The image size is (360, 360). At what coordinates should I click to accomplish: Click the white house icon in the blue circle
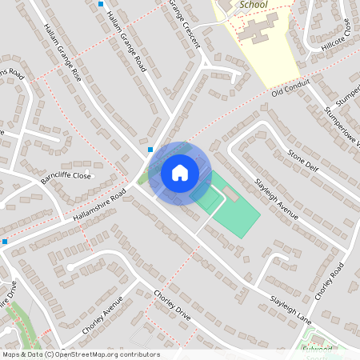pyautogui.click(x=179, y=172)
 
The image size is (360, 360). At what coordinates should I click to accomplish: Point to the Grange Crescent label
pyautogui.click(x=184, y=24)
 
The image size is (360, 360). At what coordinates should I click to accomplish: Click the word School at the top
pyautogui.click(x=253, y=4)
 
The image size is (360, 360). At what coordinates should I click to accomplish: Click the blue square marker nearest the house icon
pyautogui.click(x=150, y=149)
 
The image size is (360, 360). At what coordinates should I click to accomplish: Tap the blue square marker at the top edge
pyautogui.click(x=101, y=4)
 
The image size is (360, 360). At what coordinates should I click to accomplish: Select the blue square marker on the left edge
pyautogui.click(x=5, y=241)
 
